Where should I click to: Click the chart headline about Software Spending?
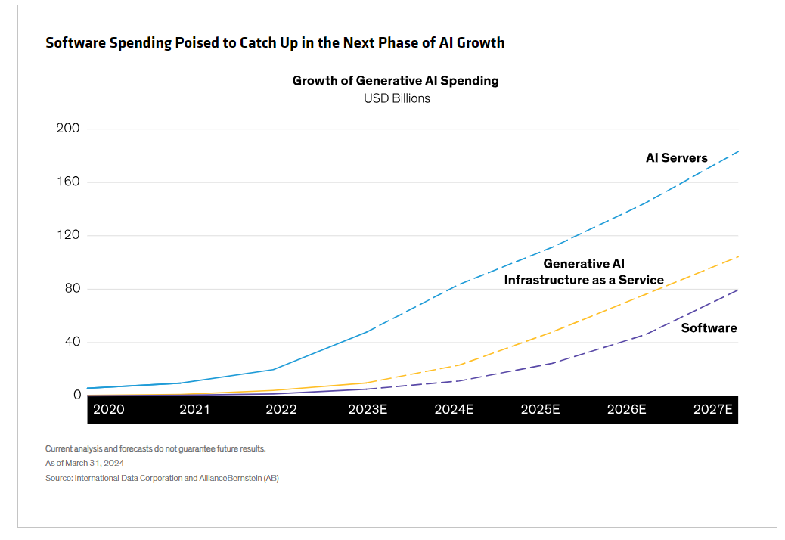click(275, 42)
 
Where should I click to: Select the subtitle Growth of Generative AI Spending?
click(396, 81)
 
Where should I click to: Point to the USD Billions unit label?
click(396, 98)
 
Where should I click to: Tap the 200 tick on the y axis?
click(68, 129)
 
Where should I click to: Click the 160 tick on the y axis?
click(68, 182)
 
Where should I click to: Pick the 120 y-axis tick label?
click(68, 235)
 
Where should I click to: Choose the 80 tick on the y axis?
click(71, 289)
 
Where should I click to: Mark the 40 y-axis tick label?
click(71, 342)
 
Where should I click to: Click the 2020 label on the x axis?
click(108, 410)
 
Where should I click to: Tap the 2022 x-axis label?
click(281, 410)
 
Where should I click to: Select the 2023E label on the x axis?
click(368, 410)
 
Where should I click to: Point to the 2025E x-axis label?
click(540, 410)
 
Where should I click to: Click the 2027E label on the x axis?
click(713, 410)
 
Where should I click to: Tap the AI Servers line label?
click(676, 158)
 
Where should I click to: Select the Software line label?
click(709, 328)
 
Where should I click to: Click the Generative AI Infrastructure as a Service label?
click(584, 272)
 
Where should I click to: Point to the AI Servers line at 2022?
click(273, 369)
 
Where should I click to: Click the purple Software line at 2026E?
click(643, 334)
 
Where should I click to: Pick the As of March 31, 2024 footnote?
click(85, 463)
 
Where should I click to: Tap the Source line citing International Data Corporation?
click(162, 478)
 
